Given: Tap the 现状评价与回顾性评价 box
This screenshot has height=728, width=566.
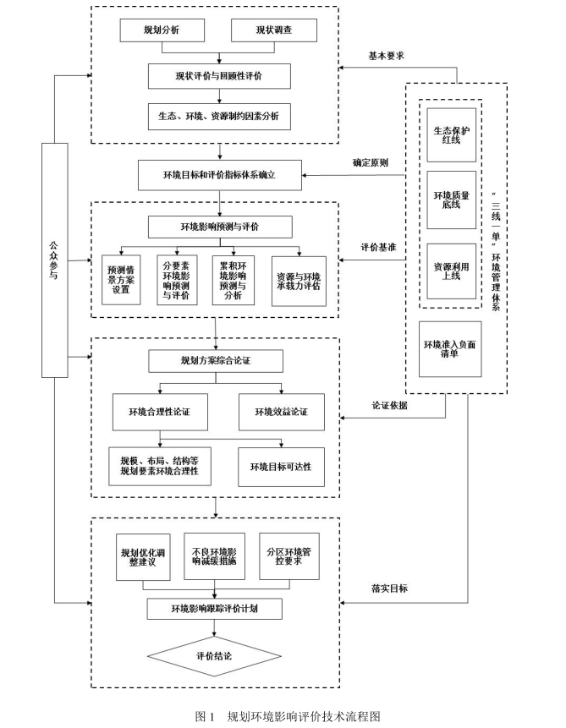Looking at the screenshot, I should (220, 77).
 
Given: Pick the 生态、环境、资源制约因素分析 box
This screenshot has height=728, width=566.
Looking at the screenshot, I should (220, 116).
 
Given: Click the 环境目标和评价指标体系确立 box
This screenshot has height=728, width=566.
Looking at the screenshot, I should (220, 176).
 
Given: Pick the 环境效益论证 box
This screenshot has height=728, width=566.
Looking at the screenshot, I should (281, 412).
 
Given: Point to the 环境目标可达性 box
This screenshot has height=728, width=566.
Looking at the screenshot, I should (281, 466).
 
